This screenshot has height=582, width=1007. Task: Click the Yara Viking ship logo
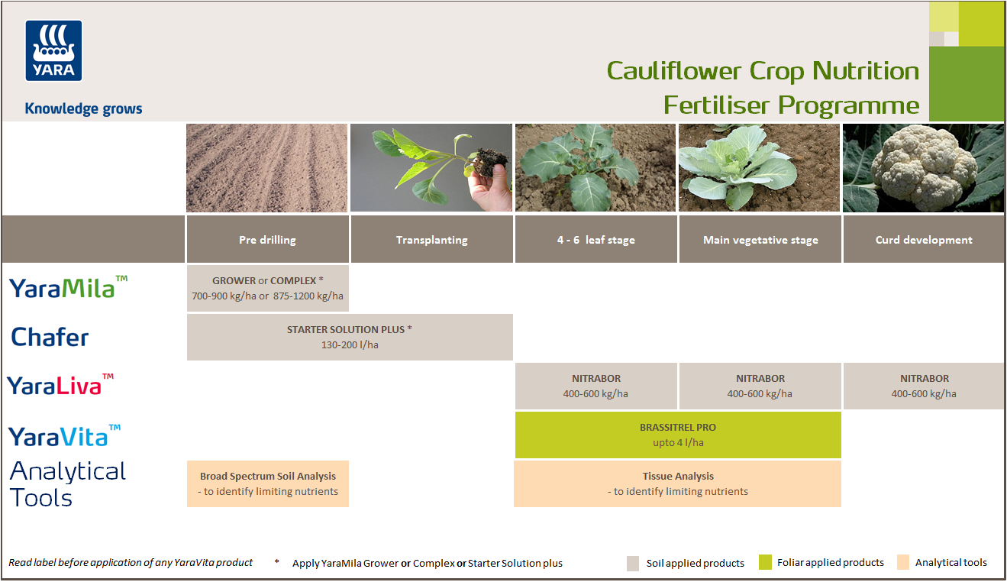(x=53, y=50)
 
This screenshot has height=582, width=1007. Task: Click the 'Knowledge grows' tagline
(x=83, y=108)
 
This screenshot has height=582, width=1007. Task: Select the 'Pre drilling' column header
(x=267, y=240)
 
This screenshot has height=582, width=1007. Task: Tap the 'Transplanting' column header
(x=431, y=240)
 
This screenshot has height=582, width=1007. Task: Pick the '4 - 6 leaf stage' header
(x=595, y=240)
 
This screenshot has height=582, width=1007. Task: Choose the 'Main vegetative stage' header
(x=760, y=240)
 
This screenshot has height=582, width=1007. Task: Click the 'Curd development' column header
(x=924, y=240)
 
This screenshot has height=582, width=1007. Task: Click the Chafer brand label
(x=50, y=337)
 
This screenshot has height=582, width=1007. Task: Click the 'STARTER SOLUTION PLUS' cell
(x=350, y=337)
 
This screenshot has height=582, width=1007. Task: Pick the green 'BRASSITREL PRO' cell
(x=678, y=435)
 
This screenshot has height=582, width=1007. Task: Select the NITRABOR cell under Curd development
(x=924, y=386)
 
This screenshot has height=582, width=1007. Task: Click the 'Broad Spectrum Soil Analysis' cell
(x=268, y=483)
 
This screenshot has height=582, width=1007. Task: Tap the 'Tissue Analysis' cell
(x=678, y=483)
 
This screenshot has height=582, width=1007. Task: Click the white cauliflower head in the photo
(x=925, y=164)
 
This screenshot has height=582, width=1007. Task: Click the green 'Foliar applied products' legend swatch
(x=765, y=563)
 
